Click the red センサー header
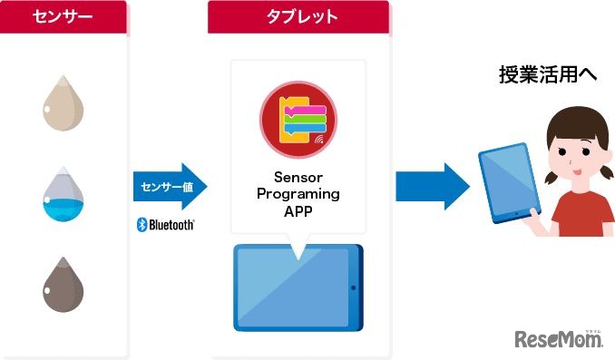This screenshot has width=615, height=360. click(x=63, y=17)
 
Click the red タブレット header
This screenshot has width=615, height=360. click(x=298, y=17)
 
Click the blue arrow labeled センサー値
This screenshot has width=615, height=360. click(x=169, y=187)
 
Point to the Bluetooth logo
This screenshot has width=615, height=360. click(x=165, y=224)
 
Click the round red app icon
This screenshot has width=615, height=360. click(x=298, y=120)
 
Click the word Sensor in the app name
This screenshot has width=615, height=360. click(x=298, y=179)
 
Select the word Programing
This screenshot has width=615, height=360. click(x=298, y=194)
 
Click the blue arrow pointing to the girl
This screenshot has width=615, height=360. click(x=432, y=187)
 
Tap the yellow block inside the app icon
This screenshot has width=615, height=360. click(x=288, y=108)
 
